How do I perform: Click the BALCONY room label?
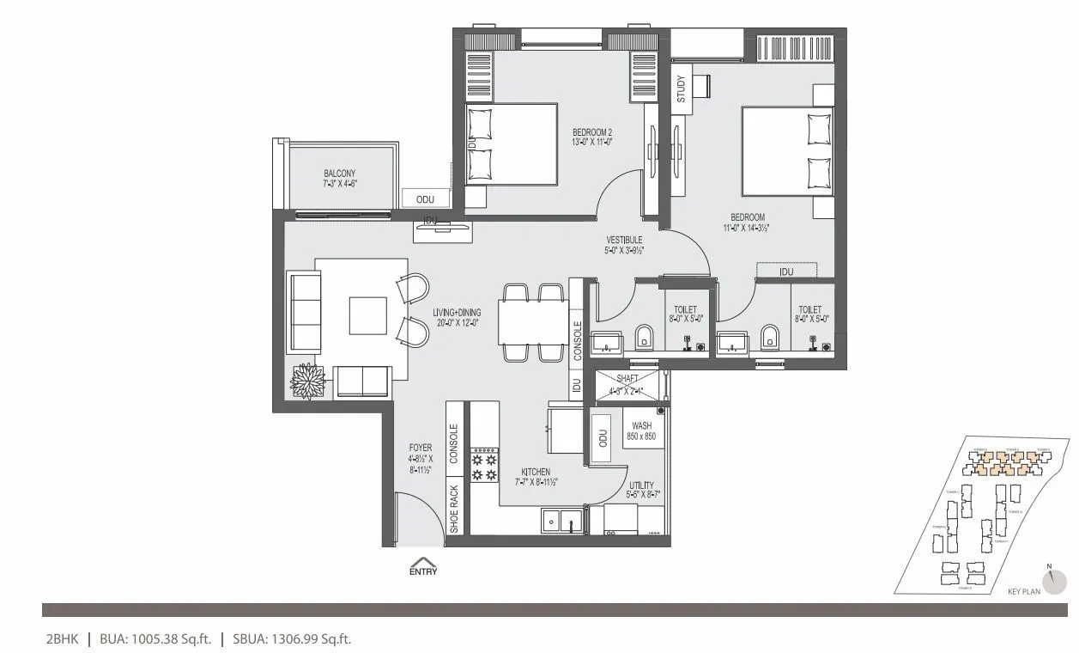340,173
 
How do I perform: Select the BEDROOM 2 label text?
592,132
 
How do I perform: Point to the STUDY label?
681,89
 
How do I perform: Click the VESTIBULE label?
624,240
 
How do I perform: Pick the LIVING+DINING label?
457,313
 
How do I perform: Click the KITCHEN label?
536,472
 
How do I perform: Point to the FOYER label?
421,449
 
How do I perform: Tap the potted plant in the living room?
306,381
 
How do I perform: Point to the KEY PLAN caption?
1024,591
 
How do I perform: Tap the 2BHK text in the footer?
62,638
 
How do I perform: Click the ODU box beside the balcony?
425,198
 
